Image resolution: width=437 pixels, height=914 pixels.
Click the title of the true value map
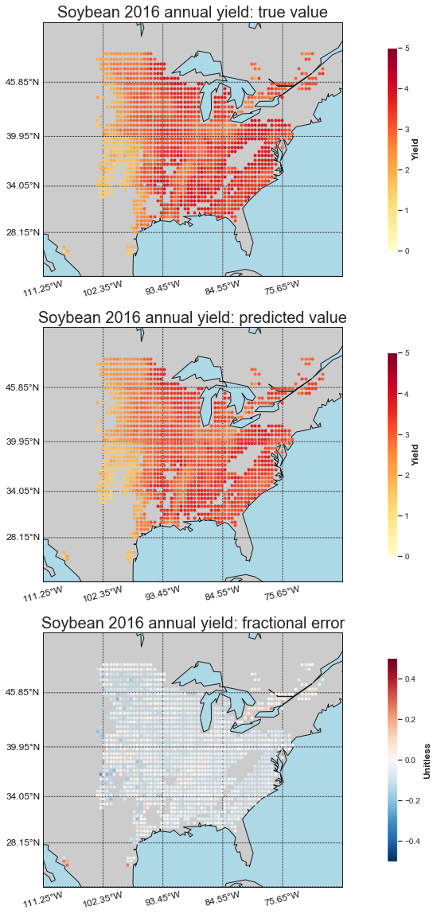point(193,12)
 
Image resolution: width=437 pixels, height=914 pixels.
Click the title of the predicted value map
point(193,317)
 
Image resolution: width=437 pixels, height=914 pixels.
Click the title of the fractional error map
point(193,623)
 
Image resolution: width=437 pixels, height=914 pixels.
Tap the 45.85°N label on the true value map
point(23,83)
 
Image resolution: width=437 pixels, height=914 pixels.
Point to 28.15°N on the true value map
point(23,232)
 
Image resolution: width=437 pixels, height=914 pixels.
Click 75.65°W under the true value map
point(282,289)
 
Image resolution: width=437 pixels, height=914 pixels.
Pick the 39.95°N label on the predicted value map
point(23,441)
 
